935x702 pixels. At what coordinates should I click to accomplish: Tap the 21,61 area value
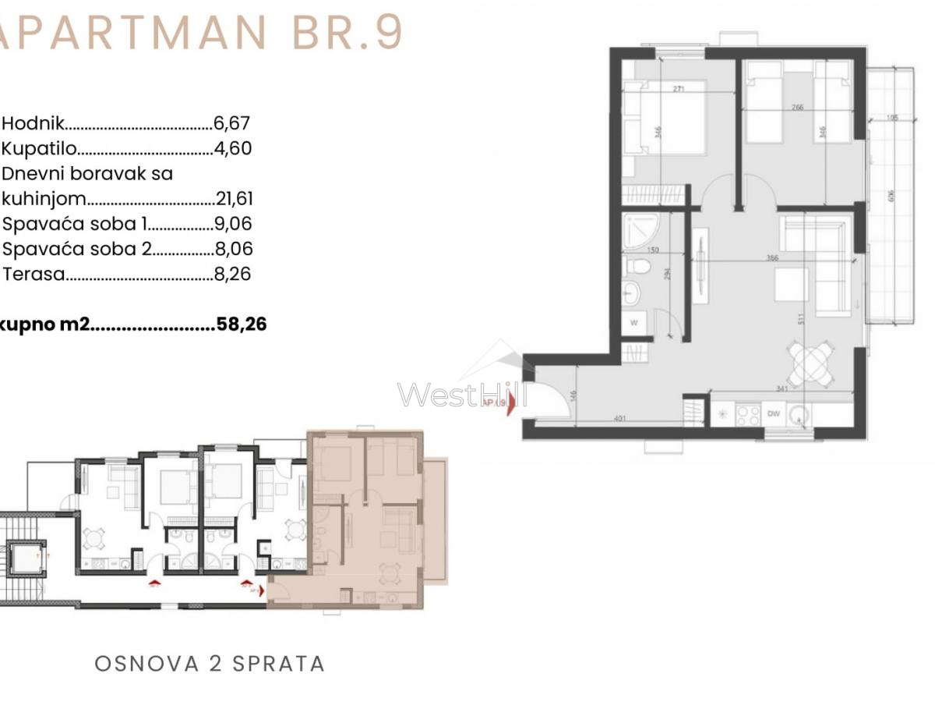point(235,199)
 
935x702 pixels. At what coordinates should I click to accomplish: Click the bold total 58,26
point(241,324)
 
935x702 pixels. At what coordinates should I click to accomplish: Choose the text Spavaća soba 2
point(76,250)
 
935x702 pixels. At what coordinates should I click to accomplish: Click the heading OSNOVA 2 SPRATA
point(210,664)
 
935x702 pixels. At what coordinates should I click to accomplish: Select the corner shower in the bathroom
point(640,229)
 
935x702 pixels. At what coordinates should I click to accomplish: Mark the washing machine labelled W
point(633,322)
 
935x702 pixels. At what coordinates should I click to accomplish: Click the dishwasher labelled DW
point(774,414)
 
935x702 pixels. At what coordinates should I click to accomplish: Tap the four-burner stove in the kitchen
point(748,415)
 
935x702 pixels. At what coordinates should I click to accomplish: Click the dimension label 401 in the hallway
point(620,419)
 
